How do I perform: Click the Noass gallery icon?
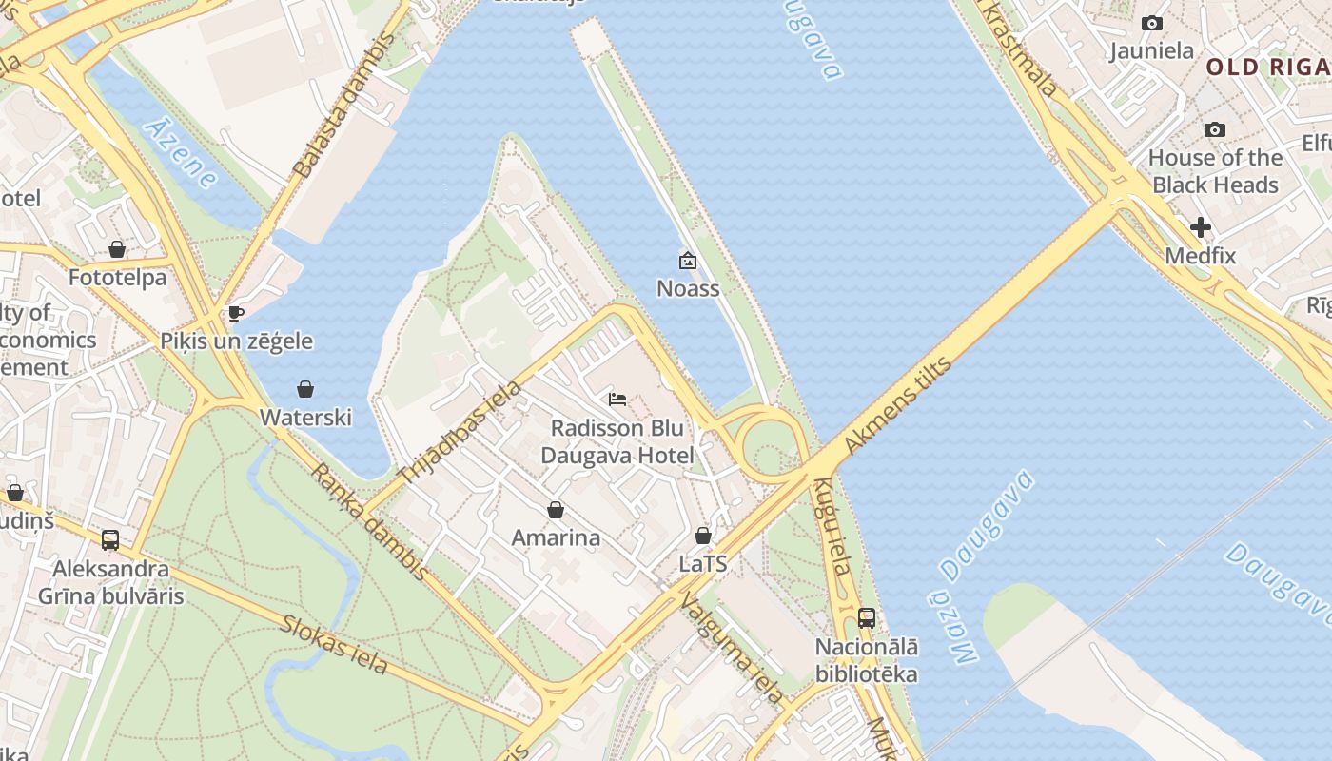tap(688, 261)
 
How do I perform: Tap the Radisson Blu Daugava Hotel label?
tap(617, 441)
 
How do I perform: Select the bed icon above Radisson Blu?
tap(617, 400)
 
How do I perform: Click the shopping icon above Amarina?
tap(556, 511)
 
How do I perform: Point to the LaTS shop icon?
tap(703, 537)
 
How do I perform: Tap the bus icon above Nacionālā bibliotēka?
tap(866, 618)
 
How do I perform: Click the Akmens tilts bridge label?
tap(897, 406)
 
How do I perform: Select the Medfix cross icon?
tap(1201, 227)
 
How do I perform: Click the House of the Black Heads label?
tap(1215, 171)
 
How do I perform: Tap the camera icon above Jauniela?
tap(1152, 24)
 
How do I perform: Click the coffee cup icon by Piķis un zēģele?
tap(236, 313)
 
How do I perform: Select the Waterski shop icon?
tap(305, 389)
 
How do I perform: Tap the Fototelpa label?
tap(117, 278)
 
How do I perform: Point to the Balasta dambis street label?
tap(343, 106)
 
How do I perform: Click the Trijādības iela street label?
tap(460, 433)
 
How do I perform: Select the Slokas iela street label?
tap(334, 645)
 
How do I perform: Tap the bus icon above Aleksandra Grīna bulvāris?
tap(110, 540)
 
